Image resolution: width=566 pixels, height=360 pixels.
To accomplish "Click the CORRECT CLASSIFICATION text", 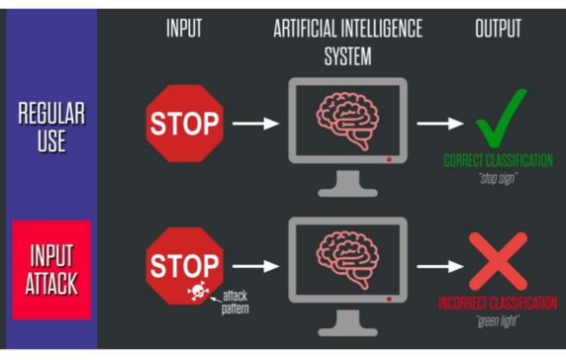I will click(498, 161).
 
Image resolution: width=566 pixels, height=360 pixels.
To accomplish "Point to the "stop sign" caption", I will click(498, 178).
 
